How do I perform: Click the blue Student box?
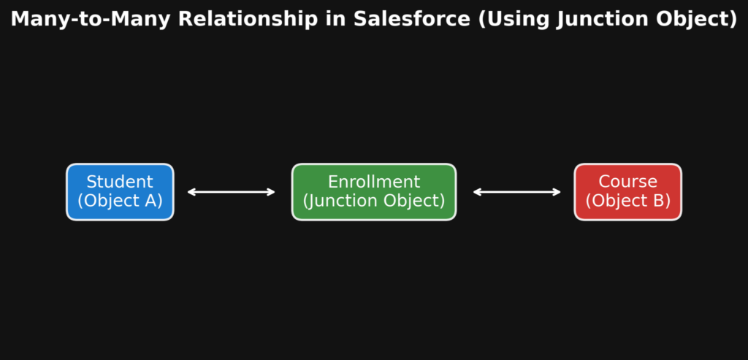point(121,192)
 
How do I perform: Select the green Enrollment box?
point(374,192)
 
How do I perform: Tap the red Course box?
point(627,192)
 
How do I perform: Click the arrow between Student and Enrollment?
point(232,192)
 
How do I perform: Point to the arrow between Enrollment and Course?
point(517,192)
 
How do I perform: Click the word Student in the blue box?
point(120,182)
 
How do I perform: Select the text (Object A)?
point(120,201)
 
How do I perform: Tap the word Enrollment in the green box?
point(374,182)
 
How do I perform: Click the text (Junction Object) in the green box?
point(374,201)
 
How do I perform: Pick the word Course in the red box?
point(627,182)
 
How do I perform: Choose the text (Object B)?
point(627,201)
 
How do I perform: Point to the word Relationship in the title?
point(248,20)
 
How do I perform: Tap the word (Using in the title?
point(514,20)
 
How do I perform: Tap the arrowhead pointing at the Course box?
point(557,192)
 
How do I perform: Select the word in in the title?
point(335,20)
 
